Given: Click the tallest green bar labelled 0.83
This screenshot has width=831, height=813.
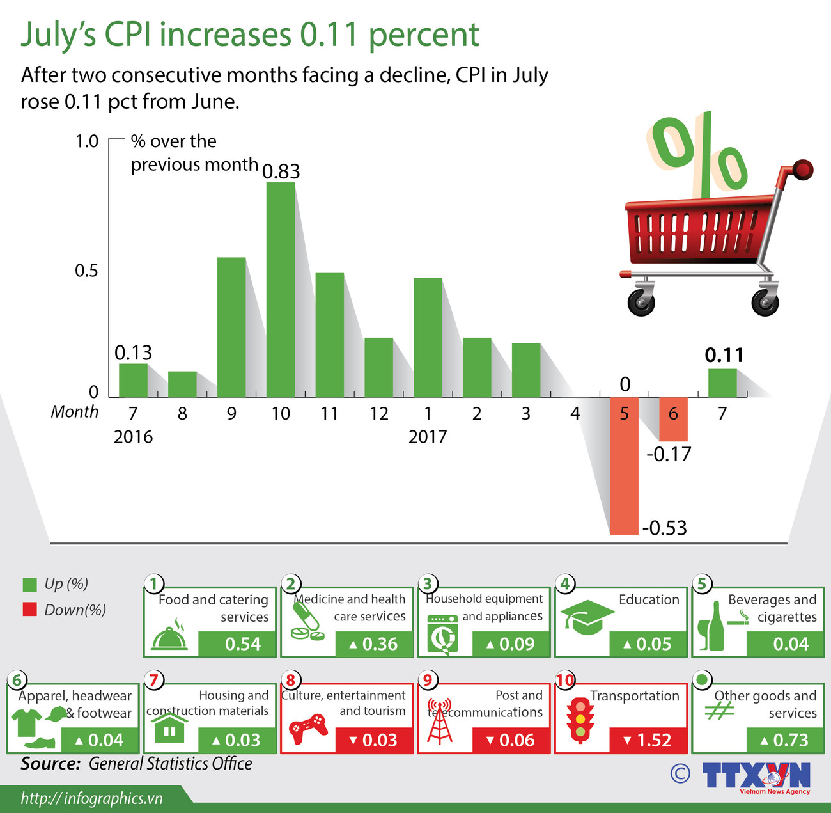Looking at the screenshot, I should pos(281,289).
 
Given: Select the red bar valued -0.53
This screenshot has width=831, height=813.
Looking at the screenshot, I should pos(624,466).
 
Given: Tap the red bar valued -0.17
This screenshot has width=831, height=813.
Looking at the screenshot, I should pos(673,420).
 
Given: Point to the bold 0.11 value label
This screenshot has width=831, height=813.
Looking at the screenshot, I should pos(724,356).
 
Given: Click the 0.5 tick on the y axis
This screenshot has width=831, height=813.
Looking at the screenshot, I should pos(86,271).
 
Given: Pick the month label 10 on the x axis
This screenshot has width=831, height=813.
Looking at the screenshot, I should pos(281,414).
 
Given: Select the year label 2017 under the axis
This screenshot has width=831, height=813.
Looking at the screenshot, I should pos(428,437).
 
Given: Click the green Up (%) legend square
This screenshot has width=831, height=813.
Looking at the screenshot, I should pos(29,584).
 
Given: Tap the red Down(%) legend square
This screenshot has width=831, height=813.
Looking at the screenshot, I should pos(29,610).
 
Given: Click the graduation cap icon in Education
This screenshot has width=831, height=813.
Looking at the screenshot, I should pos(587,617).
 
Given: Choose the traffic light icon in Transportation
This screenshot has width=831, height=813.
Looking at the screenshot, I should pos(580,719).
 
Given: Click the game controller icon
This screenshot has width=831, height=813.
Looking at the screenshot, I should pos(308,729).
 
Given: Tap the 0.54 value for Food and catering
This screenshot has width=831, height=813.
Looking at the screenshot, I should pos(243,644).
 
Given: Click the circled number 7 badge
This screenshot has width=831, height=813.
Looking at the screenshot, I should pos(153,679).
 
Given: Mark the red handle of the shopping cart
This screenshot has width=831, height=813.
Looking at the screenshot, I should pos(803,170).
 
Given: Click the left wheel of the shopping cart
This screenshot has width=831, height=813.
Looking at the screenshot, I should pos(641,301).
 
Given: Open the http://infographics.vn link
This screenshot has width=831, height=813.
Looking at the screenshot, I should pos(91,798).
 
